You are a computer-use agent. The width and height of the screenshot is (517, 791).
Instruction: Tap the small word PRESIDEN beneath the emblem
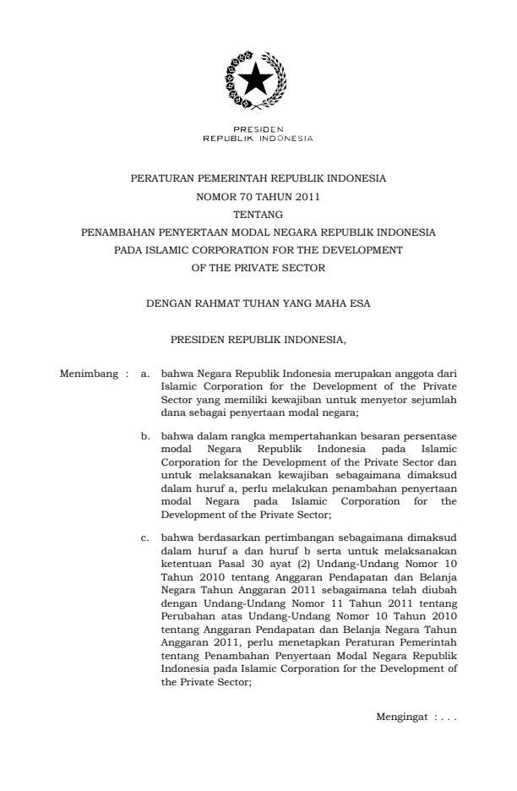click(x=258, y=129)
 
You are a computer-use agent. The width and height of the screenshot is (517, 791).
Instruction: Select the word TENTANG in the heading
click(x=258, y=214)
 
